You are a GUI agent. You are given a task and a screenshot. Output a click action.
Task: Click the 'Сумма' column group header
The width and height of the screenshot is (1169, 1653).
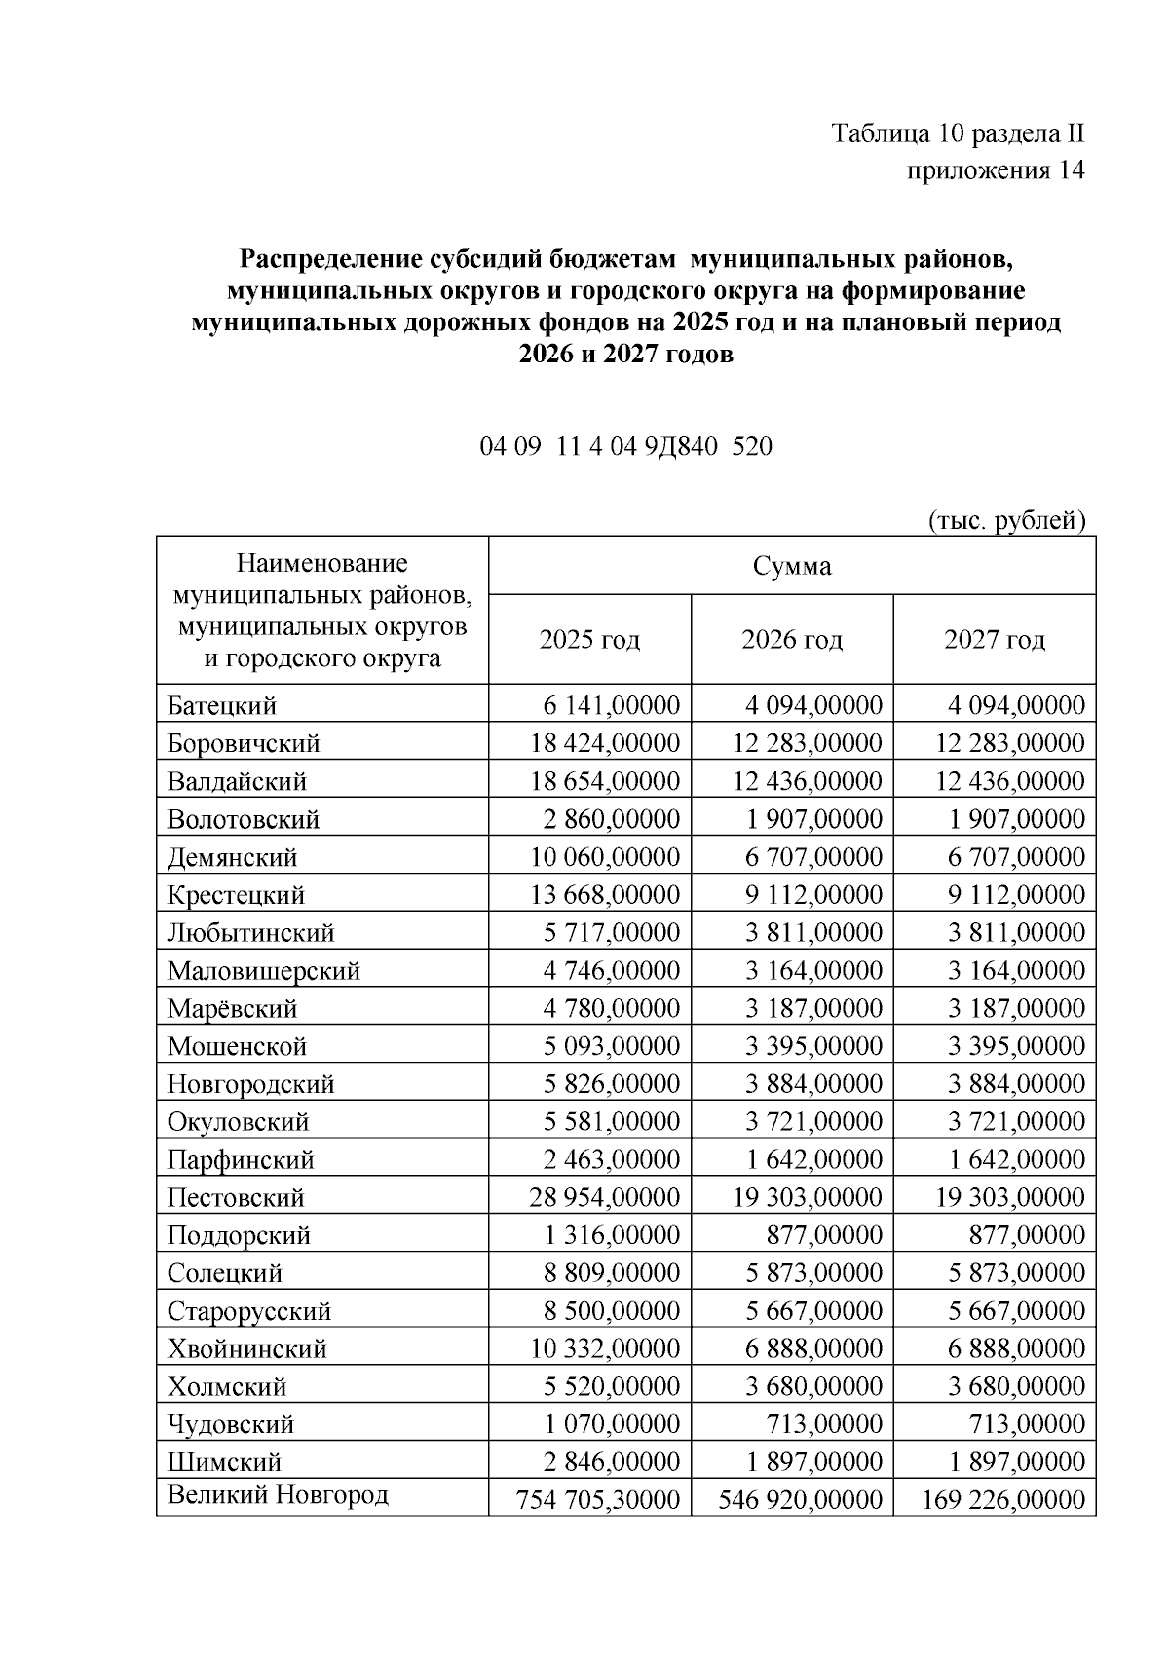click(x=791, y=566)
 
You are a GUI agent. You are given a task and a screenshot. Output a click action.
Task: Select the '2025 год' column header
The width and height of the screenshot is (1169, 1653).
click(x=589, y=640)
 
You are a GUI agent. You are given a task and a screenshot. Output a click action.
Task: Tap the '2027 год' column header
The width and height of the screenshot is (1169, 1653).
click(x=994, y=640)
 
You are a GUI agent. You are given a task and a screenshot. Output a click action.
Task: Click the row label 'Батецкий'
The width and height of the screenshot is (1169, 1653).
click(x=222, y=705)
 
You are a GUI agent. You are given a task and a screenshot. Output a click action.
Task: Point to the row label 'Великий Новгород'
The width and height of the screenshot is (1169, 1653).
click(x=278, y=1495)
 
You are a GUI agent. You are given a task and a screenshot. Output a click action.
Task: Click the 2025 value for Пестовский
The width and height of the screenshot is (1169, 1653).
click(x=604, y=1197)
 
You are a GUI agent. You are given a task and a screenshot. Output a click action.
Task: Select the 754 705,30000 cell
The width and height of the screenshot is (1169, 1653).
click(x=597, y=1499)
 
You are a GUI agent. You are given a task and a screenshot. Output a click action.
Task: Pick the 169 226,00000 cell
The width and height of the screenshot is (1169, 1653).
click(x=1002, y=1499)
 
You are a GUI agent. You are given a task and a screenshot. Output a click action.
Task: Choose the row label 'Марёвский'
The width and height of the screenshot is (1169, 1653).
click(x=232, y=1008)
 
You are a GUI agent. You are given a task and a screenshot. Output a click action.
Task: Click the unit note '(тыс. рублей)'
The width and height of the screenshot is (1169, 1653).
click(x=1006, y=520)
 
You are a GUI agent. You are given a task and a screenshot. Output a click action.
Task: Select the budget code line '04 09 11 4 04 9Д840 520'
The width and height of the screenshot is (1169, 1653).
click(x=625, y=447)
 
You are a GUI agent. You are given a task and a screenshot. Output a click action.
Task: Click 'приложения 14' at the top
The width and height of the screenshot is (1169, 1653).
click(x=996, y=170)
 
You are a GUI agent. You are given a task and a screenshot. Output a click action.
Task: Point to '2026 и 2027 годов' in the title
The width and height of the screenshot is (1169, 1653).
click(x=625, y=355)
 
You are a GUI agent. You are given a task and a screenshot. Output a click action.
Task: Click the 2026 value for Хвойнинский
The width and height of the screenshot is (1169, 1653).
click(x=814, y=1348)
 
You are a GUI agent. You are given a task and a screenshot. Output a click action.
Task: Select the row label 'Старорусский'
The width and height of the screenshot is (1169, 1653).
click(x=249, y=1311)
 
